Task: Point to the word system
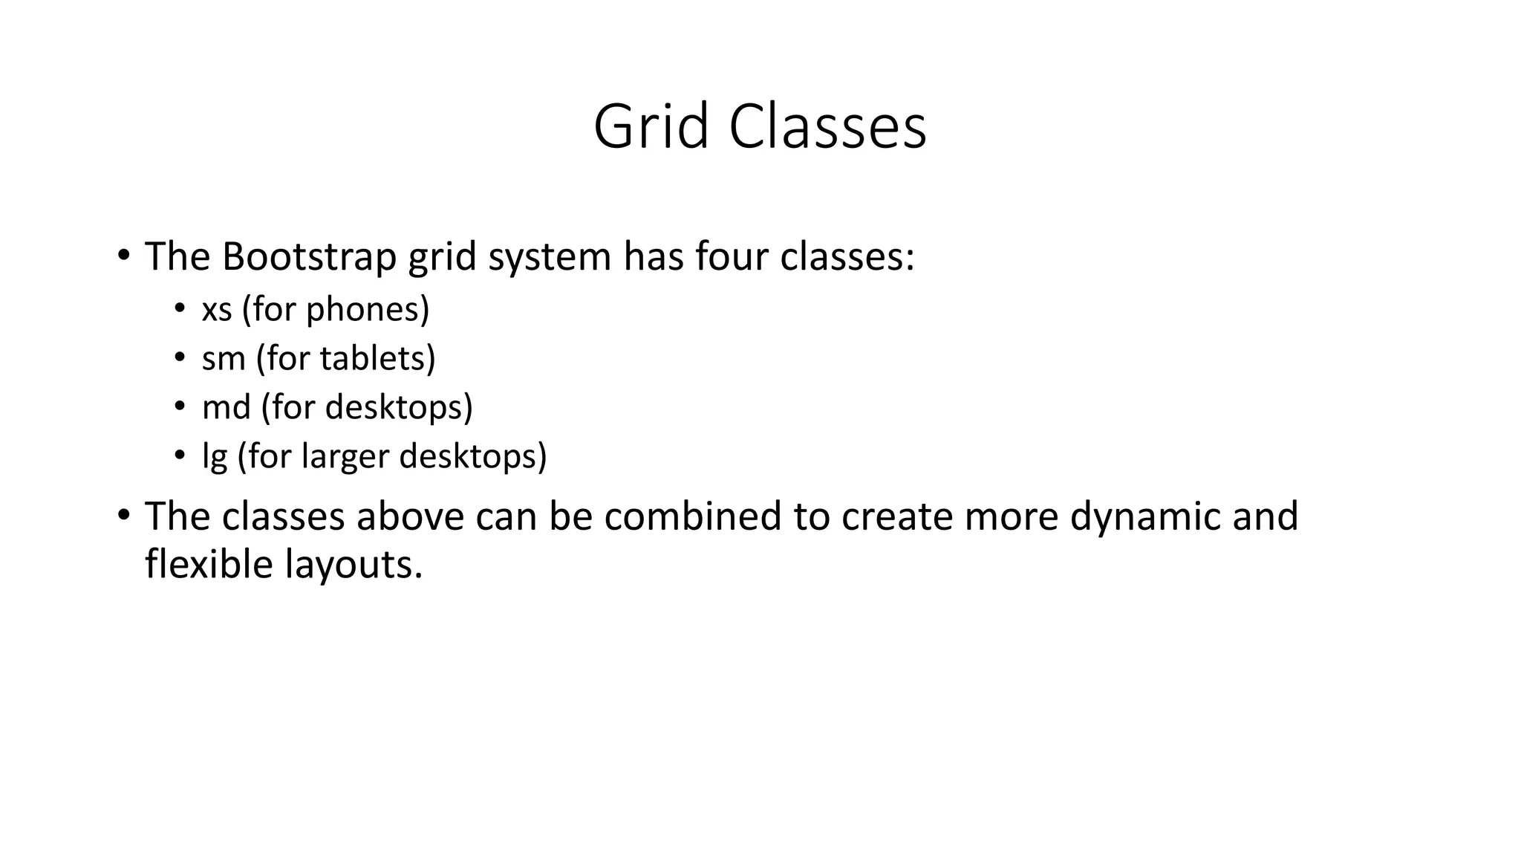tap(550, 258)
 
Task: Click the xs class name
tap(217, 310)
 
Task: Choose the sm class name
tap(224, 359)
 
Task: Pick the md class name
tap(226, 407)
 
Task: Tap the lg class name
tap(214, 457)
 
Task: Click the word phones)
tap(368, 310)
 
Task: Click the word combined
tap(692, 516)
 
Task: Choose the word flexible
tap(209, 564)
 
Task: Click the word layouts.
tap(354, 565)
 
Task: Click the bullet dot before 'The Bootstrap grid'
tap(123, 255)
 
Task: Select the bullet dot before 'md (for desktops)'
tap(179, 406)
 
